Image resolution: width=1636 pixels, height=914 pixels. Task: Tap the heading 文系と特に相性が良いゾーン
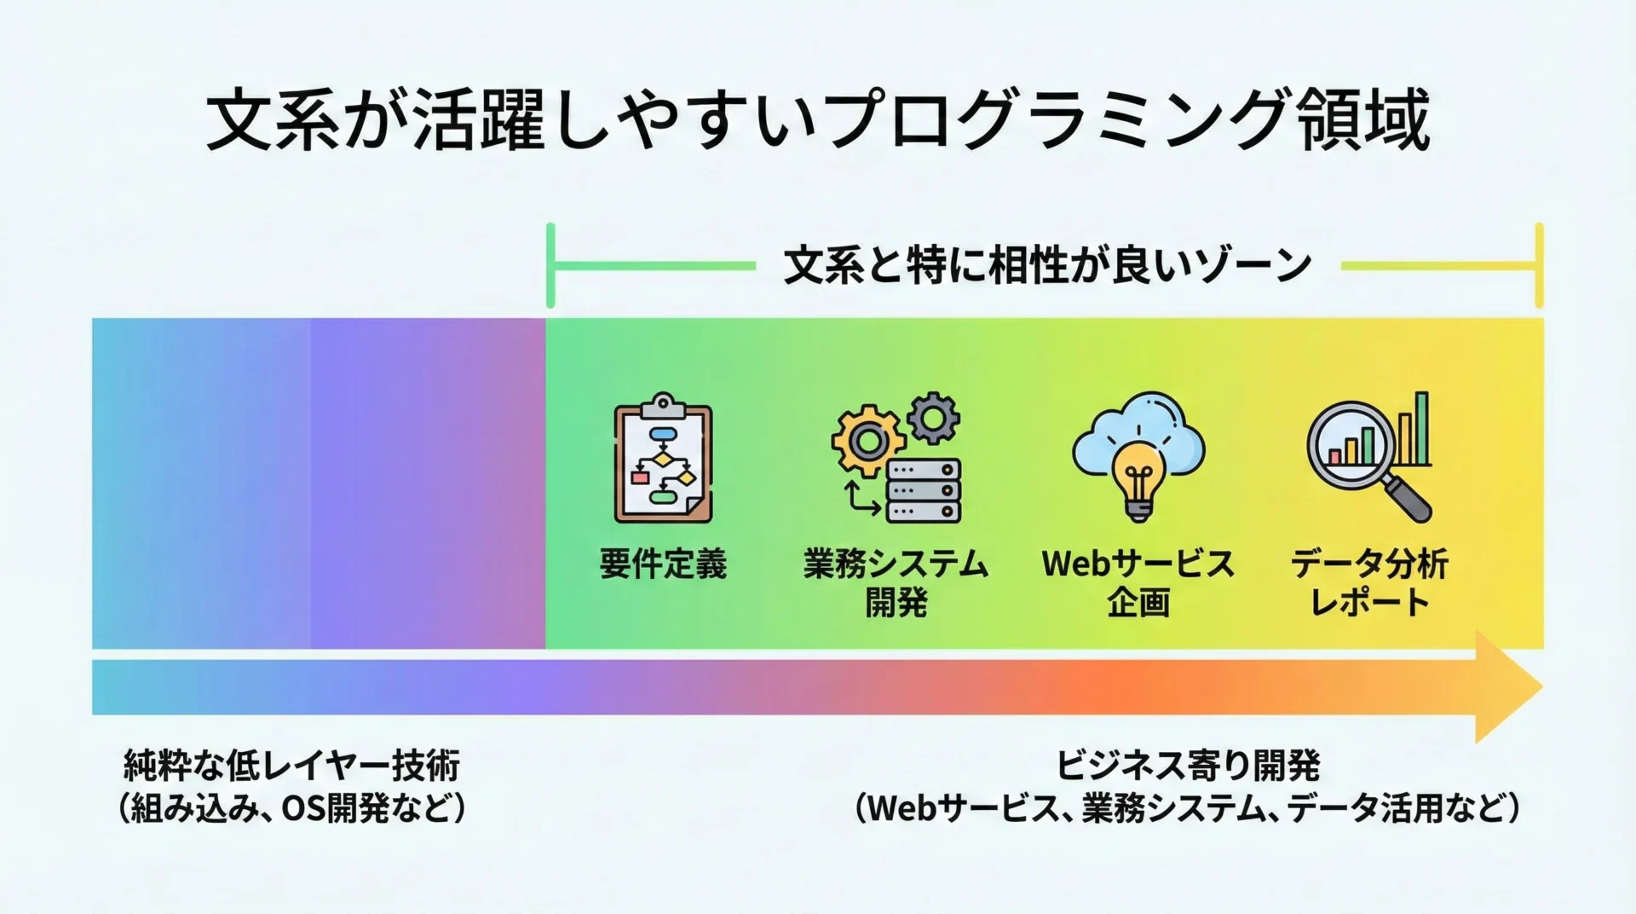pyautogui.click(x=1047, y=265)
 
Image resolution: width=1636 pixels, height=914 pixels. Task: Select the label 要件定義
pyautogui.click(x=663, y=564)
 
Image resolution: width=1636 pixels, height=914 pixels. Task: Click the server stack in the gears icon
pyautogui.click(x=923, y=490)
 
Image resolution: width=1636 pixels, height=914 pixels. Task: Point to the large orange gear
pyautogui.click(x=868, y=441)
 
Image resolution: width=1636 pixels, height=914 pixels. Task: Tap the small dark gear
pyautogui.click(x=933, y=418)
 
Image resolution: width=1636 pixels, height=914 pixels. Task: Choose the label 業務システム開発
pyautogui.click(x=896, y=583)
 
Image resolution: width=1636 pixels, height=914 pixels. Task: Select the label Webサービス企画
pyautogui.click(x=1138, y=583)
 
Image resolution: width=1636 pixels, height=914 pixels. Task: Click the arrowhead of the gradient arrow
pyautogui.click(x=1509, y=686)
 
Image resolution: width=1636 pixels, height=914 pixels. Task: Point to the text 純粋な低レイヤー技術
pyautogui.click(x=291, y=766)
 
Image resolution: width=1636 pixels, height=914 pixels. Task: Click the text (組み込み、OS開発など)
pyautogui.click(x=291, y=807)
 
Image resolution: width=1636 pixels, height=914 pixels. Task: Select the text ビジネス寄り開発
pyautogui.click(x=1188, y=766)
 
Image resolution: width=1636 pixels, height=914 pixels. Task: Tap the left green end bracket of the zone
pyautogui.click(x=550, y=265)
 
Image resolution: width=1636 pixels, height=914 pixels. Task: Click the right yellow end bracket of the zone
pyautogui.click(x=1539, y=265)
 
